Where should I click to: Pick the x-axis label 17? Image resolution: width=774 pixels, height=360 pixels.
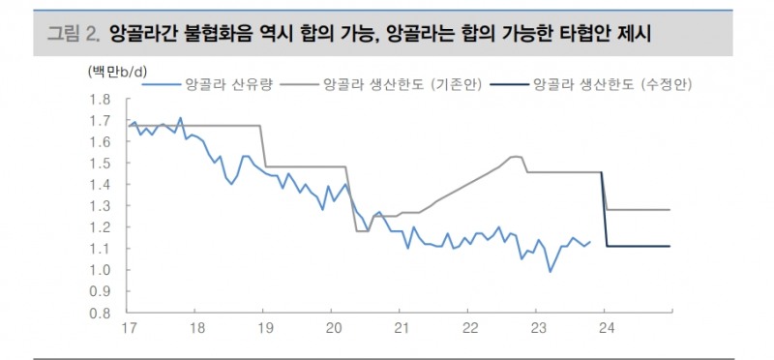click(128, 328)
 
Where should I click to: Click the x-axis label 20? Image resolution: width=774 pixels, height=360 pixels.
click(331, 328)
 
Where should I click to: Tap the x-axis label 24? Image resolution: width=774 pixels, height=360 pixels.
click(604, 328)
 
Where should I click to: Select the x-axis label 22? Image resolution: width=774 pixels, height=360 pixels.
click(467, 328)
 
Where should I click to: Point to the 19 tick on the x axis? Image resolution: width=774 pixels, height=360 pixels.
click(263, 328)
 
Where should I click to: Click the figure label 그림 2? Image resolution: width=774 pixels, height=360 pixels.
click(74, 34)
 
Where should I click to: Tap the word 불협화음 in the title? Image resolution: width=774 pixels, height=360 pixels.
click(209, 34)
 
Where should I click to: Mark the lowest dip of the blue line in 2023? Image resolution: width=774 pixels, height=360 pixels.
click(551, 272)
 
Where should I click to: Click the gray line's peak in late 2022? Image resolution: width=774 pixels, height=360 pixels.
click(515, 156)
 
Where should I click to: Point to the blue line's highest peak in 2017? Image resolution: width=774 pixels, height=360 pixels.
click(181, 118)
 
